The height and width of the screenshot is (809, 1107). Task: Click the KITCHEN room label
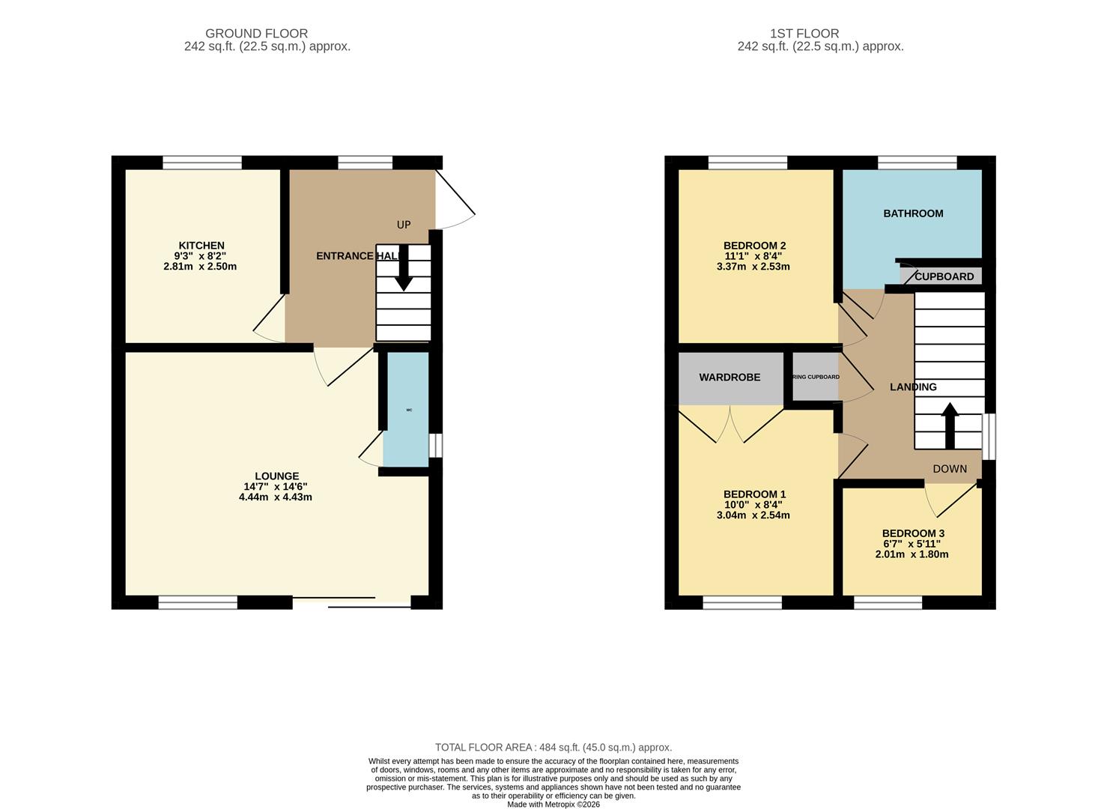(x=201, y=246)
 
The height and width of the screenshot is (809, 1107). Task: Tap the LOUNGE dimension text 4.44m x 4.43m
(x=275, y=497)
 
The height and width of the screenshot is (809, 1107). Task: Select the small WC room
(x=407, y=410)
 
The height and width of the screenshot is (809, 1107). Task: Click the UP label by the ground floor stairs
(x=404, y=225)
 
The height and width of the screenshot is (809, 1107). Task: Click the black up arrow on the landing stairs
(x=949, y=424)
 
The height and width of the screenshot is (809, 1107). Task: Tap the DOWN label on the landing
(x=950, y=469)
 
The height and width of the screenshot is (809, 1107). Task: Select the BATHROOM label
(x=913, y=213)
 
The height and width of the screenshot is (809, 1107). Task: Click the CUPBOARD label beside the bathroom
(x=944, y=276)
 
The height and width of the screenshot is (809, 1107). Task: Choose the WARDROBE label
(x=730, y=378)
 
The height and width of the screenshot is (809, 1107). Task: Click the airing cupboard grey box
(x=816, y=378)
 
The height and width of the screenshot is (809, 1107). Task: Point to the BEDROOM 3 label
(x=913, y=534)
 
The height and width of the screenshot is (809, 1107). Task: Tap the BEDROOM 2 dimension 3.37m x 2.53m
(x=753, y=267)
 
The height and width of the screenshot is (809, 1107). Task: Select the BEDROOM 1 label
(x=754, y=494)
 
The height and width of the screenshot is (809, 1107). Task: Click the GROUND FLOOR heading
(x=256, y=34)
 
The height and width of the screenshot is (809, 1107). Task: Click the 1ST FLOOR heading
(x=804, y=34)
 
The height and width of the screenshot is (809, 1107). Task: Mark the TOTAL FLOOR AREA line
(x=553, y=748)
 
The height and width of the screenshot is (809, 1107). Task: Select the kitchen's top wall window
(x=202, y=163)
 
